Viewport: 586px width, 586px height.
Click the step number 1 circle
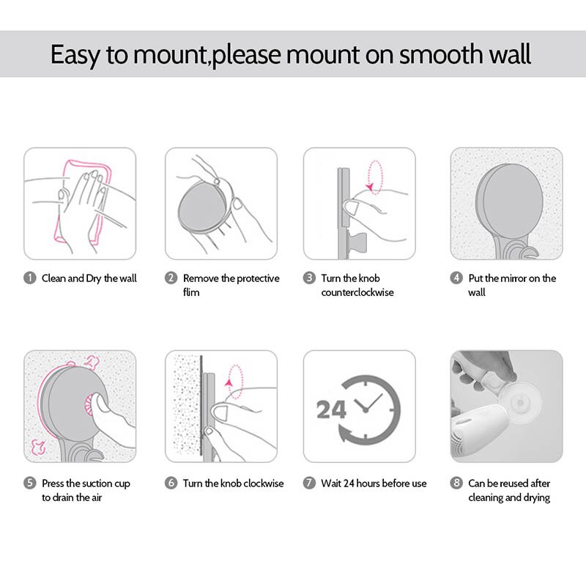(30, 278)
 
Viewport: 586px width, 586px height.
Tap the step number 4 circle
(456, 278)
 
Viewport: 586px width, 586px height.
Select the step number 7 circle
(310, 483)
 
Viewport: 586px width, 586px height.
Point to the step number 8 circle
(456, 483)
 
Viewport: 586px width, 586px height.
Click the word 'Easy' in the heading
(78, 55)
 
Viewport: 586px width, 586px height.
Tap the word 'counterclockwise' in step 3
(357, 292)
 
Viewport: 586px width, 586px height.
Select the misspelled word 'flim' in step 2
(191, 292)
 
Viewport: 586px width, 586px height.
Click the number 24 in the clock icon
(331, 409)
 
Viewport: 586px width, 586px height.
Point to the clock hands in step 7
(368, 404)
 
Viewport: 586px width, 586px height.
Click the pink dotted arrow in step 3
(376, 176)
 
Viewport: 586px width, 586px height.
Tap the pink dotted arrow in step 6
(234, 378)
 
